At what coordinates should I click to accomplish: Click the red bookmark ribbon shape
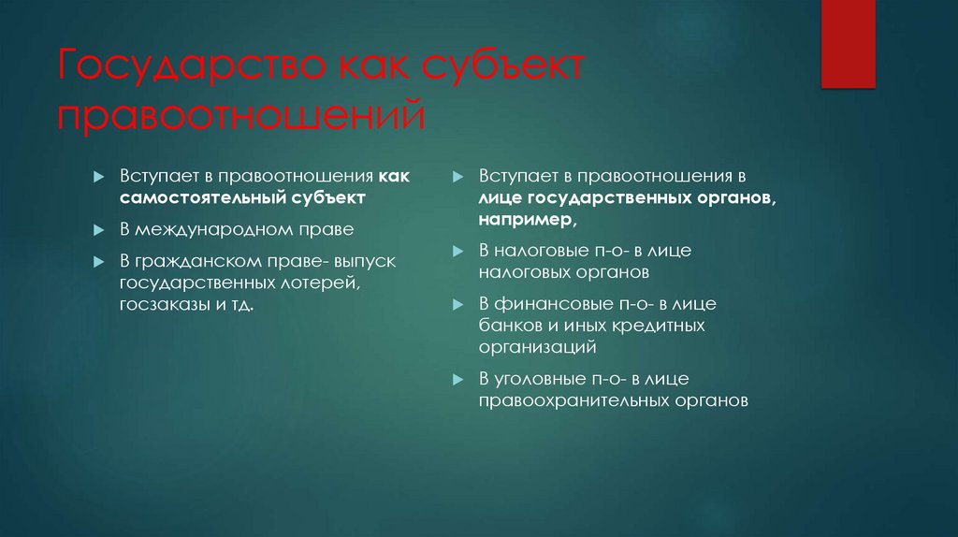coord(848,43)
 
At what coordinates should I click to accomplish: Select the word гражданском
coord(193,260)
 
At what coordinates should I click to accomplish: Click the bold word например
coord(526,220)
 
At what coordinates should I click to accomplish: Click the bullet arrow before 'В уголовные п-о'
coord(457,380)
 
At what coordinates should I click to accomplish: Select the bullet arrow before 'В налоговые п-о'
coord(457,252)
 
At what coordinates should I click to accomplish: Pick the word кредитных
coord(660,326)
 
